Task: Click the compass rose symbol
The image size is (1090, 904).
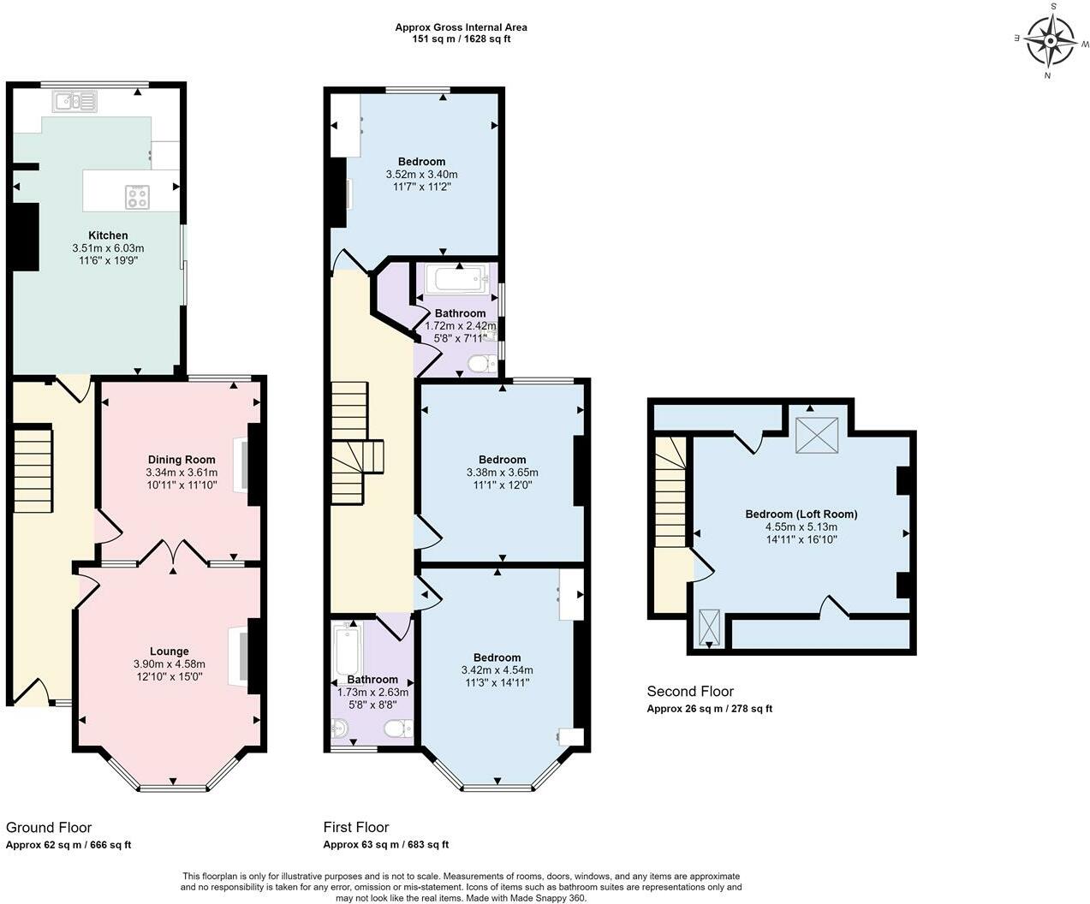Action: (1051, 40)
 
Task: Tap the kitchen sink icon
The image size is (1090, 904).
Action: (75, 102)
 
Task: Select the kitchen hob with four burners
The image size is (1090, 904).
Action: (137, 197)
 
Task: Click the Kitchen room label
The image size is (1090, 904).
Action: (108, 235)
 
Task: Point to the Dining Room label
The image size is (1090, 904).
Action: (182, 460)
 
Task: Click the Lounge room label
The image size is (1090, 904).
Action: (169, 651)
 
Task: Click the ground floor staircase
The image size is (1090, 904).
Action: (33, 471)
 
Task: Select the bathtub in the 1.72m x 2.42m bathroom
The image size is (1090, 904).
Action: (460, 279)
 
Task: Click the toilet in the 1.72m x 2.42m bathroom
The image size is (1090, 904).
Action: (482, 365)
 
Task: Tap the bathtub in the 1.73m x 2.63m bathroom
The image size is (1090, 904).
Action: (347, 649)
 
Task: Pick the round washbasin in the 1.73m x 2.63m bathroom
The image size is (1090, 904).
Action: (339, 729)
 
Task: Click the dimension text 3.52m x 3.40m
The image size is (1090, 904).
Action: (421, 174)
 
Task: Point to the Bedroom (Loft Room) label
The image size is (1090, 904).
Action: (801, 514)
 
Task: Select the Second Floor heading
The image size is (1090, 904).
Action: (690, 691)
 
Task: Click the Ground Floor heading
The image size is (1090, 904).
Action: (49, 827)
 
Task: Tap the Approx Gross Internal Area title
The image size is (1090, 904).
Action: (461, 27)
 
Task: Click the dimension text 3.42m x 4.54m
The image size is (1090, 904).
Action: (497, 670)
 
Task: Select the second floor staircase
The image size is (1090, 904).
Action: (670, 491)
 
